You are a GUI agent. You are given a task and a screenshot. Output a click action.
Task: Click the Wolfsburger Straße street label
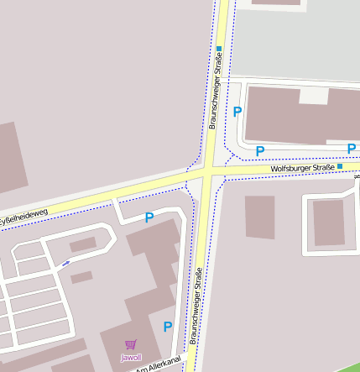pyautogui.click(x=302, y=169)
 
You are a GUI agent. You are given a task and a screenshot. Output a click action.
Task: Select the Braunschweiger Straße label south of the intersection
pyautogui.click(x=198, y=306)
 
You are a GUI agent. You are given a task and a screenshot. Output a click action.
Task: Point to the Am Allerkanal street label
pyautogui.click(x=159, y=365)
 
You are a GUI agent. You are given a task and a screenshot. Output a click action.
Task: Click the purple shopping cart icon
pyautogui.click(x=130, y=344)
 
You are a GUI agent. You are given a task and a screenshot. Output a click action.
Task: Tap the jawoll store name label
pyautogui.click(x=131, y=358)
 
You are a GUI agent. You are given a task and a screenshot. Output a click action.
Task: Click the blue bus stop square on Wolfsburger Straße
pyautogui.click(x=340, y=166)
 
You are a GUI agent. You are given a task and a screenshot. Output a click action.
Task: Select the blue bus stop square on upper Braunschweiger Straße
pyautogui.click(x=219, y=49)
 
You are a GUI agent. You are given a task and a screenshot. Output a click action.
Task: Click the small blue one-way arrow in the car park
pyautogui.click(x=65, y=263)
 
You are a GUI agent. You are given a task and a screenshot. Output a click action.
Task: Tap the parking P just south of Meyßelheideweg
pyautogui.click(x=149, y=217)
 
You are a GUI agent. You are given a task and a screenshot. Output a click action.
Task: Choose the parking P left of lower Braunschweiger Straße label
pyautogui.click(x=168, y=327)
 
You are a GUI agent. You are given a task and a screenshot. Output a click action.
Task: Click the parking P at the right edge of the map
pyautogui.click(x=352, y=149)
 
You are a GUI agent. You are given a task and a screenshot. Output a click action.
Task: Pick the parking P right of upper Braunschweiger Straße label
pyautogui.click(x=237, y=112)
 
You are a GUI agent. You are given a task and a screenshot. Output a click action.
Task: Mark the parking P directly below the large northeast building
pyautogui.click(x=260, y=151)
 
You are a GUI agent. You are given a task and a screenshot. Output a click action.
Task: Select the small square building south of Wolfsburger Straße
pyautogui.click(x=259, y=217)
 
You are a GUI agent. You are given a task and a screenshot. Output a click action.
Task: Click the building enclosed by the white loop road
pyautogui.click(x=328, y=222)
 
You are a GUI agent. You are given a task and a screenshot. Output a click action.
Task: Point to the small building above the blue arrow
pyautogui.click(x=83, y=244)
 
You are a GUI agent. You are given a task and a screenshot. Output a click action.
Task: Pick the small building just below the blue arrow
pyautogui.click(x=81, y=276)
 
